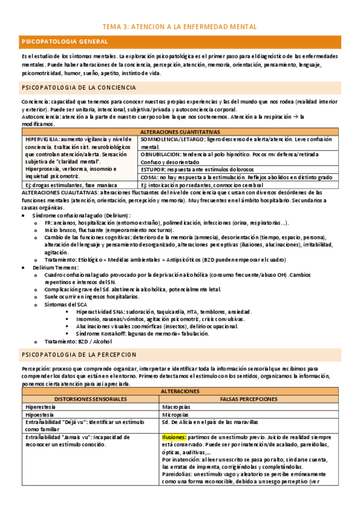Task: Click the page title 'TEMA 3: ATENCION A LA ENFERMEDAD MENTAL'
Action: [x=180, y=26]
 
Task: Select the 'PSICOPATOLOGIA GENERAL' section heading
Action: [x=64, y=41]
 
